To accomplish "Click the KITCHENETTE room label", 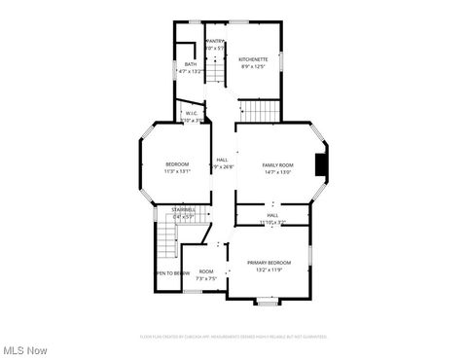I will pyautogui.click(x=253, y=59).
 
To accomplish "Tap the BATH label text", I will pyautogui.click(x=190, y=64).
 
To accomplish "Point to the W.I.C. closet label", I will pyautogui.click(x=192, y=113).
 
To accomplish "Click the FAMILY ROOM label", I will pyautogui.click(x=277, y=165).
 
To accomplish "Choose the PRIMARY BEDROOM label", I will pyautogui.click(x=268, y=263).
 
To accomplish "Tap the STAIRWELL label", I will pyautogui.click(x=183, y=209).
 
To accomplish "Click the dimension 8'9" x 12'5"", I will pyautogui.click(x=253, y=67).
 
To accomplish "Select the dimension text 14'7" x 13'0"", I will pyautogui.click(x=277, y=173).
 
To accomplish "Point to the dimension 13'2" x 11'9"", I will pyautogui.click(x=268, y=270).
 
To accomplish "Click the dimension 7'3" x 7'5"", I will pyautogui.click(x=206, y=278).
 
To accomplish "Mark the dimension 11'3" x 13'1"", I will pyautogui.click(x=177, y=171).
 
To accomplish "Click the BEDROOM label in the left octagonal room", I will pyautogui.click(x=177, y=163).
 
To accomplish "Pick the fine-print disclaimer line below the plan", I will pyautogui.click(x=233, y=337).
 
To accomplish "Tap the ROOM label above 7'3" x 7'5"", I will pyautogui.click(x=206, y=271).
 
